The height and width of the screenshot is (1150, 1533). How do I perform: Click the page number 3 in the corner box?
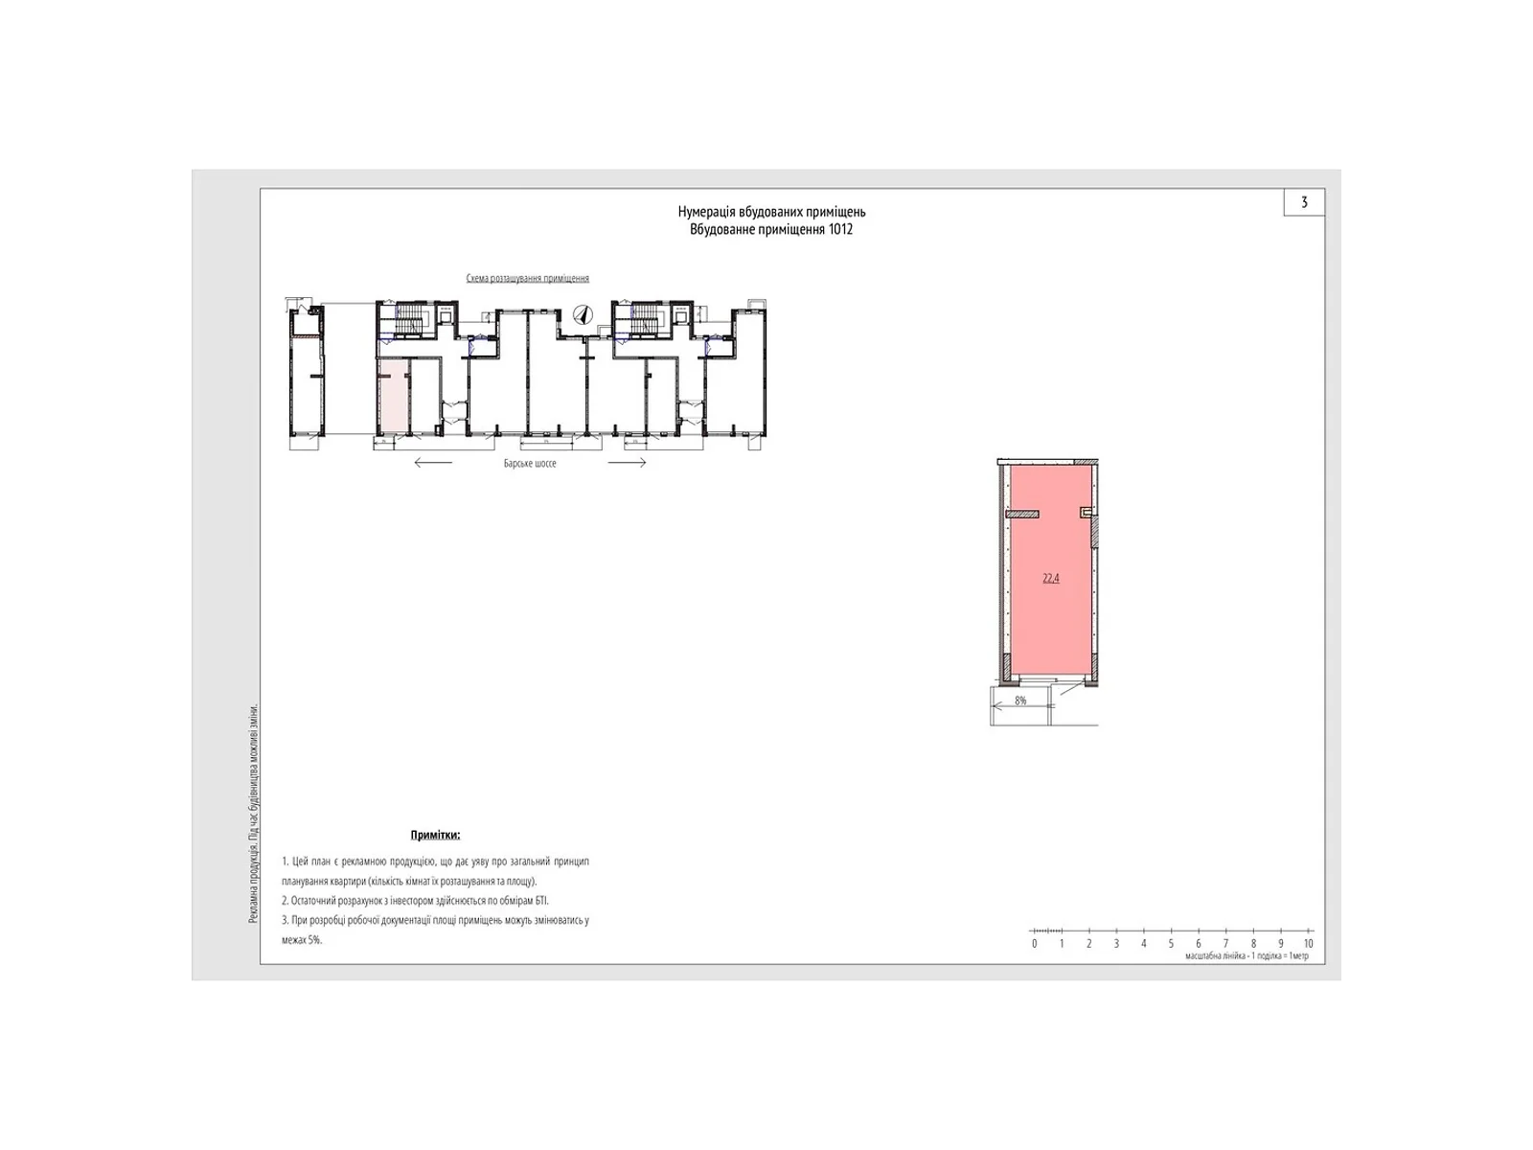tap(1304, 202)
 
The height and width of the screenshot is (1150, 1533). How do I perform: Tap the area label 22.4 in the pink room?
tap(1050, 578)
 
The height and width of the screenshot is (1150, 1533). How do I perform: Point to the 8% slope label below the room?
tap(1020, 701)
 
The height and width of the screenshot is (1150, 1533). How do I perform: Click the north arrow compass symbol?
tap(582, 314)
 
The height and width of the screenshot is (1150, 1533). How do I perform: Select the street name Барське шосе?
tap(530, 463)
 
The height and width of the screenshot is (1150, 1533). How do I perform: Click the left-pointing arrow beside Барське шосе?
tap(433, 463)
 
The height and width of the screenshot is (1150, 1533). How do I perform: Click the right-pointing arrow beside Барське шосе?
tap(628, 463)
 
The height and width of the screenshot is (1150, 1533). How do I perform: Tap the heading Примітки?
tap(435, 836)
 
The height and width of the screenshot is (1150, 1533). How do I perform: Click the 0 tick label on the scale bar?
tap(1035, 944)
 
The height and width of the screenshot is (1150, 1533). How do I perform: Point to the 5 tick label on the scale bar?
tap(1171, 944)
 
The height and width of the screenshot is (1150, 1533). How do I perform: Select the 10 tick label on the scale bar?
tap(1308, 944)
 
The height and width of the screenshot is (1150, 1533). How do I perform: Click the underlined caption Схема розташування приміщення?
tap(527, 279)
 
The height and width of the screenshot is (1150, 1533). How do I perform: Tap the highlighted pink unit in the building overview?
tap(392, 397)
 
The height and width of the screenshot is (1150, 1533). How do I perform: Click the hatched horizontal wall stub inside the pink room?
tap(1023, 515)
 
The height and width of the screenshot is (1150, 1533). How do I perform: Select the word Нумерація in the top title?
tap(708, 212)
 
